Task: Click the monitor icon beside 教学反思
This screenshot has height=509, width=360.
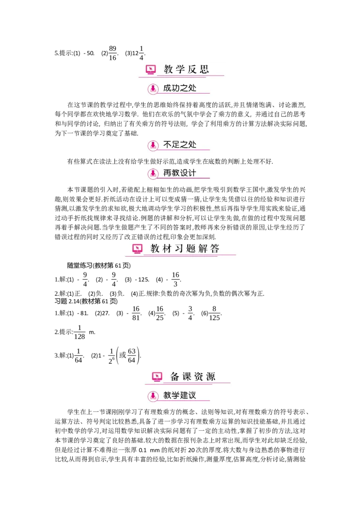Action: click(x=151, y=70)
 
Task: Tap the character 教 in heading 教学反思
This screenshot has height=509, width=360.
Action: click(x=168, y=69)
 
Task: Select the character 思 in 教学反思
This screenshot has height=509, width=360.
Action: click(x=204, y=69)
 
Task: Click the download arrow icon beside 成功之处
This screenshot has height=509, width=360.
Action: click(x=153, y=89)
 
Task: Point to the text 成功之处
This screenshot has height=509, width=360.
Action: click(x=180, y=88)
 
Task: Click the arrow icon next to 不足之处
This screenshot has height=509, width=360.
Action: click(x=153, y=145)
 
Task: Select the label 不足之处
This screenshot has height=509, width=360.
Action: click(x=180, y=145)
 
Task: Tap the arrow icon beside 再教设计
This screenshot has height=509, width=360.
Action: click(x=153, y=174)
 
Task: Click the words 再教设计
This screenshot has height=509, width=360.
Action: click(x=180, y=173)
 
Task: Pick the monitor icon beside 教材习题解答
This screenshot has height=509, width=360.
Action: click(x=137, y=249)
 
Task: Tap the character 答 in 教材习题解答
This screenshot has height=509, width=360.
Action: click(x=215, y=249)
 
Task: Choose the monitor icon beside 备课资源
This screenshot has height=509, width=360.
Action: click(x=157, y=377)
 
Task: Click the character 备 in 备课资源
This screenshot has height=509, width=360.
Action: click(x=175, y=377)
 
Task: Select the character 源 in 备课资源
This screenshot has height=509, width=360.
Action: click(x=211, y=377)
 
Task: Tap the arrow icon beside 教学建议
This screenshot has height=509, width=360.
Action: click(x=153, y=396)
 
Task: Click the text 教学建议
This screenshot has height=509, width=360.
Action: click(x=180, y=396)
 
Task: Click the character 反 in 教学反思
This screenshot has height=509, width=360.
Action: click(x=192, y=69)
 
